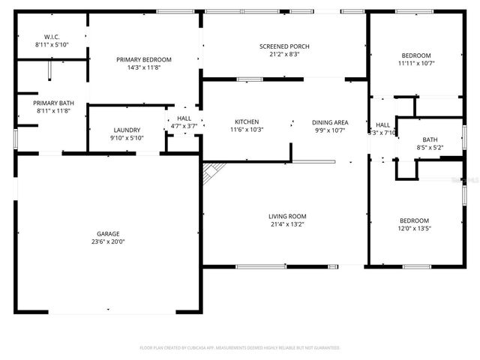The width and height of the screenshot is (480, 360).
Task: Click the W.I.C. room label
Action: pyautogui.click(x=52, y=37)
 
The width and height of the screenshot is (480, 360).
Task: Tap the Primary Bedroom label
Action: pyautogui.click(x=143, y=59)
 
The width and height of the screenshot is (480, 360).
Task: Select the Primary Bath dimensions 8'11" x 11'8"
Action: pyautogui.click(x=52, y=111)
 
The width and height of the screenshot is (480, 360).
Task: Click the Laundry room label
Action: pyautogui.click(x=127, y=130)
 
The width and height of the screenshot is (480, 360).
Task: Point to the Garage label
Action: pyautogui.click(x=108, y=233)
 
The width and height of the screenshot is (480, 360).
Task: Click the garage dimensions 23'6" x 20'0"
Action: pyautogui.click(x=108, y=242)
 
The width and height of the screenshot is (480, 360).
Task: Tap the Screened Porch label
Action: pyautogui.click(x=284, y=46)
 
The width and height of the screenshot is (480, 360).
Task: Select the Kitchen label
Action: pyautogui.click(x=247, y=121)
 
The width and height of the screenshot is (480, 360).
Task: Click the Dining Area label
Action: pyautogui.click(x=330, y=121)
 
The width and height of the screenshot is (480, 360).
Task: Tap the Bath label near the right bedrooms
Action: pyautogui.click(x=430, y=139)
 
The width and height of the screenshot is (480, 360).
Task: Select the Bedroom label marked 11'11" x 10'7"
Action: pyautogui.click(x=415, y=55)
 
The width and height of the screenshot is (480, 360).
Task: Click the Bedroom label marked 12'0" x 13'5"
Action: pyautogui.click(x=415, y=220)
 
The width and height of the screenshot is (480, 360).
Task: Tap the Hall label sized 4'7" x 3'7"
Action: pyautogui.click(x=184, y=118)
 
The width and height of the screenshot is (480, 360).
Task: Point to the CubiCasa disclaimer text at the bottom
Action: pyautogui.click(x=240, y=348)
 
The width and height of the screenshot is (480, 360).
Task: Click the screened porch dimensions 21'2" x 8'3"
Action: pyautogui.click(x=284, y=55)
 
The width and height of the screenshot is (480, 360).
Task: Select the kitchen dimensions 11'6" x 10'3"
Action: pyautogui.click(x=247, y=130)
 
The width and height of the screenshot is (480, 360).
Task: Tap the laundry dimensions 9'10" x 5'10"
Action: pyautogui.click(x=127, y=138)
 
